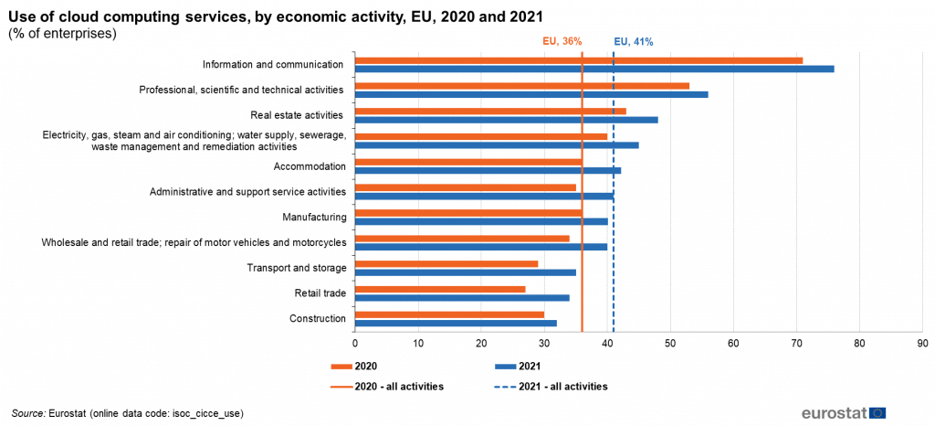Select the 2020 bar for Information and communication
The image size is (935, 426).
point(578,60)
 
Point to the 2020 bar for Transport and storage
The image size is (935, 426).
point(446,263)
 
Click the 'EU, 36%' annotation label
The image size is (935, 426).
point(562,41)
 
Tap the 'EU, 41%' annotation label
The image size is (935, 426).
point(634,41)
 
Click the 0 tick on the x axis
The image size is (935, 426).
point(355,344)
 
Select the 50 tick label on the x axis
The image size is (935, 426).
point(670,344)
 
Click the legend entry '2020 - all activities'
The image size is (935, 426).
point(399,387)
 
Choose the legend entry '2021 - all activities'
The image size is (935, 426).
point(562,387)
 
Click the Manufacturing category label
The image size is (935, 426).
point(316,217)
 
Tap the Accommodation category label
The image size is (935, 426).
point(310,166)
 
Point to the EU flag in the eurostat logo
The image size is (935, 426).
point(877,412)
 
